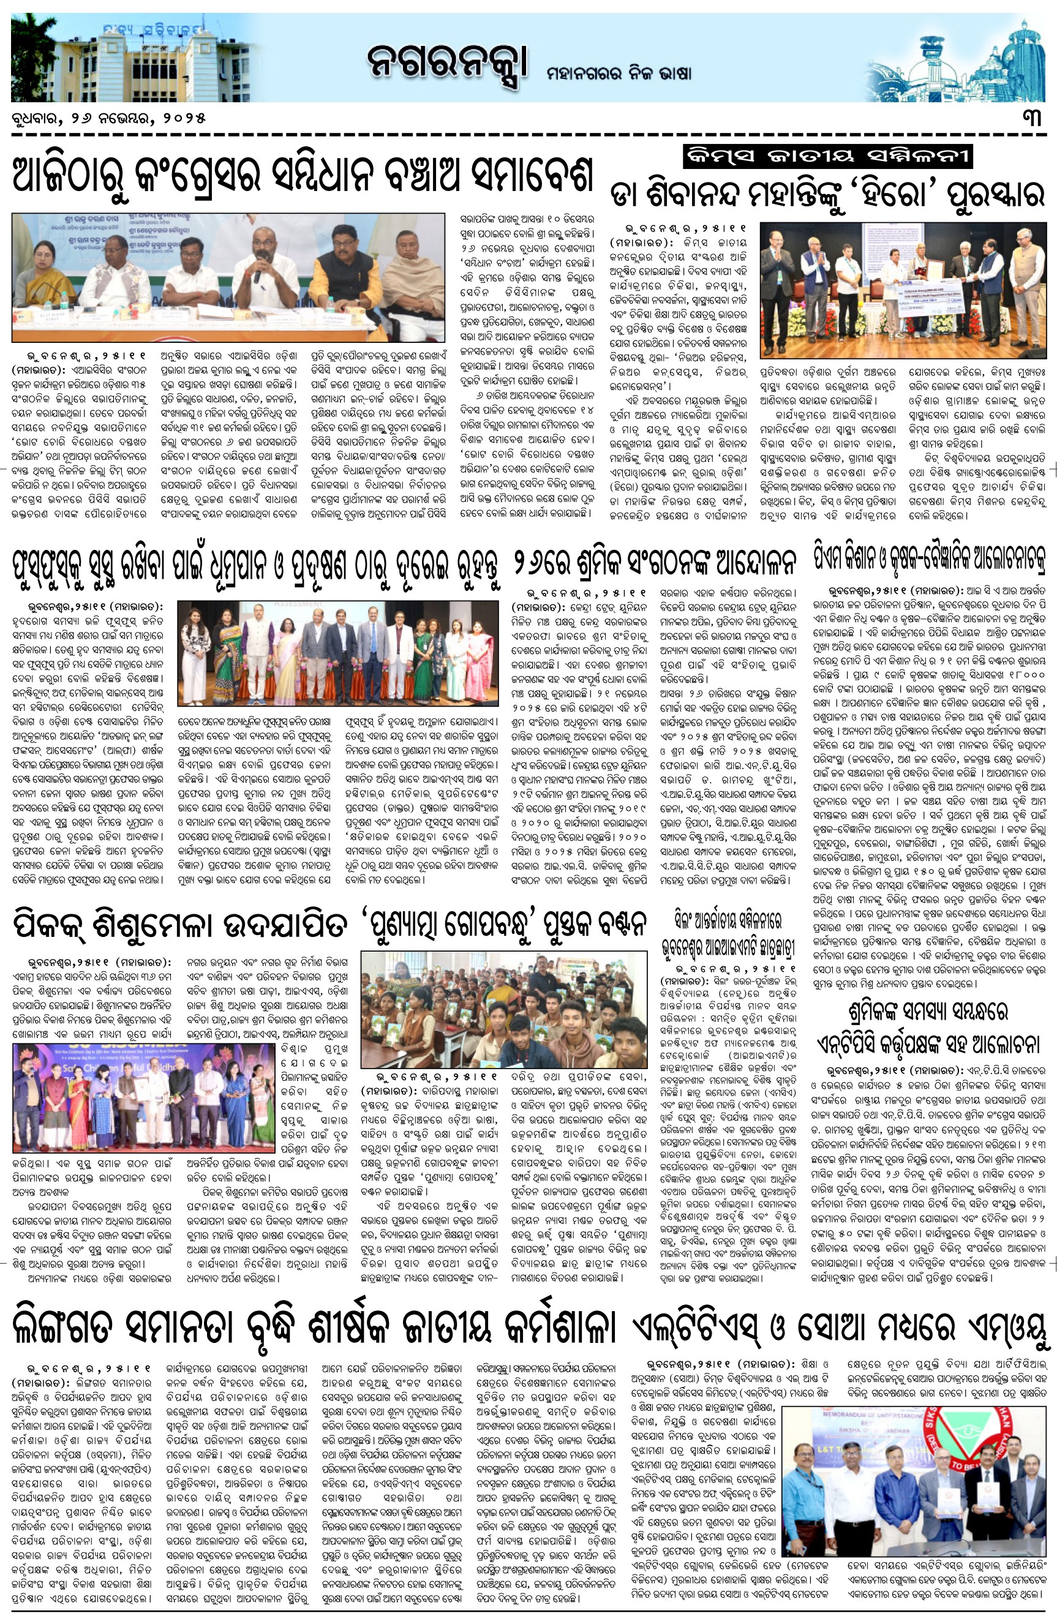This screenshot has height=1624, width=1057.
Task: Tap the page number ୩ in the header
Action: [x=1031, y=118]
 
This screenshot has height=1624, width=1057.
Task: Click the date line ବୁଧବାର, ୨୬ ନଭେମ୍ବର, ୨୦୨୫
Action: [x=108, y=118]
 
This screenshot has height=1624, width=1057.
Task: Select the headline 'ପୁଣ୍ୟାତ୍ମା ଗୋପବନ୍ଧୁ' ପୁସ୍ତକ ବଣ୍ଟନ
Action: [x=503, y=926]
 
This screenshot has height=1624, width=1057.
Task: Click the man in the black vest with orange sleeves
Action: [x=341, y=273]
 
